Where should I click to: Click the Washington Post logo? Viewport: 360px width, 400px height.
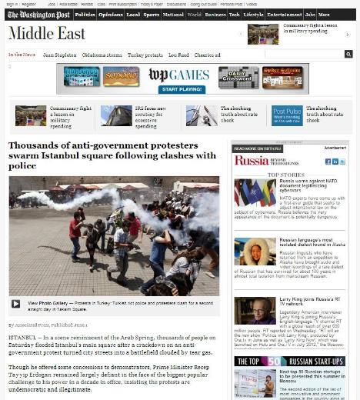(39, 14)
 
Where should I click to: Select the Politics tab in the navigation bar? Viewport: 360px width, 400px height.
(85, 14)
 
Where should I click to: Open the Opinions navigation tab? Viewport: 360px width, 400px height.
(111, 14)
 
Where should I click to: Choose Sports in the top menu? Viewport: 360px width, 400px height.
(152, 14)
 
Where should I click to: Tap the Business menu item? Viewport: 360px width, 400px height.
(215, 14)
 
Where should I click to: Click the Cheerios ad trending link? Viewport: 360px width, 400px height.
(207, 55)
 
